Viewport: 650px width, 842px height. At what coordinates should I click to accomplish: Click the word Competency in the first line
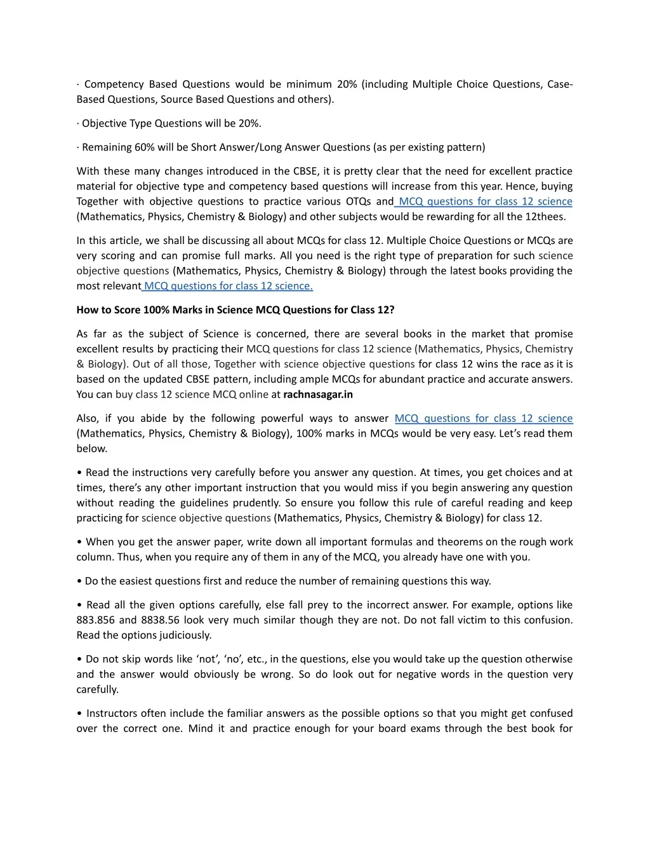click(114, 85)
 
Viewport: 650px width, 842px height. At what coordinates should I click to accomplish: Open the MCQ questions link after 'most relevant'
click(228, 286)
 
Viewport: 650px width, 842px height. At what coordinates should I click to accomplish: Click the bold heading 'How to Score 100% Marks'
click(235, 310)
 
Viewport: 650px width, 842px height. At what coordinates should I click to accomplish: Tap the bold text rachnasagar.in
click(317, 395)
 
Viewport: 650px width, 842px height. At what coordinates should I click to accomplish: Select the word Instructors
click(112, 714)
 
